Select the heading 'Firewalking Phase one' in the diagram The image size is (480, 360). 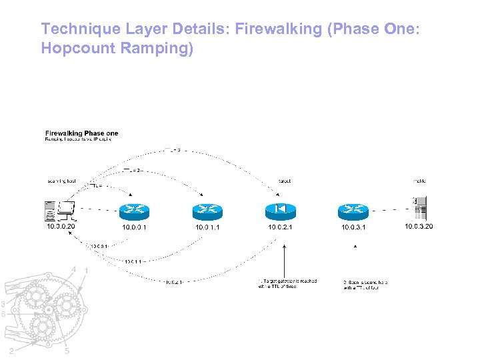click(82, 133)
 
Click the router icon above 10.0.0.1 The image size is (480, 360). click(134, 211)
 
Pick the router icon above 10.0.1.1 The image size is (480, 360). click(207, 211)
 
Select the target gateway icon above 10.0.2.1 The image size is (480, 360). click(281, 210)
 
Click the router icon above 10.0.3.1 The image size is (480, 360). click(353, 211)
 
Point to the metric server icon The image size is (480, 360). click(419, 209)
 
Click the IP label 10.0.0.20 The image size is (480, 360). click(61, 227)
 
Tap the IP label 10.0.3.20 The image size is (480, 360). click(419, 227)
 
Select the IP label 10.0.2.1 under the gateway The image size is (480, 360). click(281, 227)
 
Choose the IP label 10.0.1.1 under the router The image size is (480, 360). click(207, 227)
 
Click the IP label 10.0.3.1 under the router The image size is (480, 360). click(353, 227)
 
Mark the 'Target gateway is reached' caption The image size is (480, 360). click(287, 283)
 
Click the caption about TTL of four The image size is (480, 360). click(365, 285)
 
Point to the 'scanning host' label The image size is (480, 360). click(62, 181)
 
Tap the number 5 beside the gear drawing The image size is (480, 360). click(67, 352)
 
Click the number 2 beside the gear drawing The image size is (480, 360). click(11, 351)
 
